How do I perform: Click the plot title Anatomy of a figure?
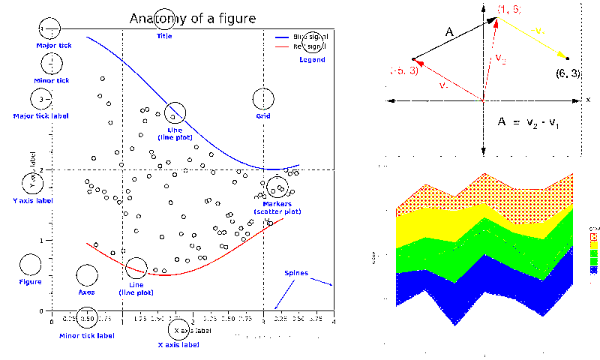192,18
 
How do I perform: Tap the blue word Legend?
312,59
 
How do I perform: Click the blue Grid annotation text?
263,116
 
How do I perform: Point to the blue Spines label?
295,273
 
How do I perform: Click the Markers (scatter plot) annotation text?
277,208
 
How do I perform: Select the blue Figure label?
30,282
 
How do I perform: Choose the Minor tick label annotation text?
87,335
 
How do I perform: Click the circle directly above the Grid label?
263,99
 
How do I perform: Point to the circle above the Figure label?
30,264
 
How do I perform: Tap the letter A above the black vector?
449,32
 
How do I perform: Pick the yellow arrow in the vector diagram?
533,39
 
